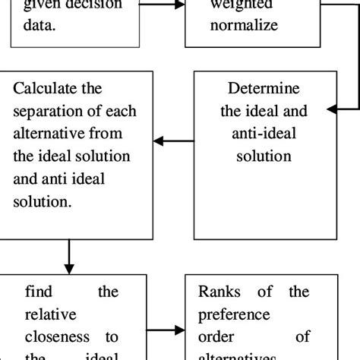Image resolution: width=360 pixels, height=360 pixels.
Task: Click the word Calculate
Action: pos(46,90)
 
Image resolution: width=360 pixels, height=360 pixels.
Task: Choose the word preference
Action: pos(235,314)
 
